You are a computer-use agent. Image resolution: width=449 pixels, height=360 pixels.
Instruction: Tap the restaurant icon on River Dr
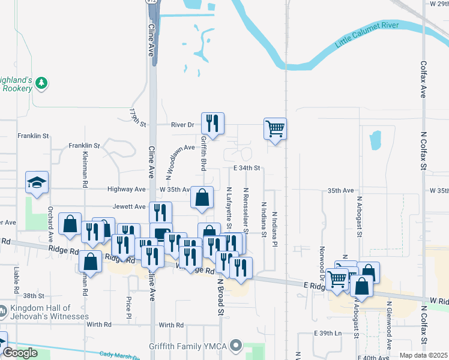click(212, 124)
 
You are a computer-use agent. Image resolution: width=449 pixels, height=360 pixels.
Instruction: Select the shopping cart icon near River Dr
click(275, 128)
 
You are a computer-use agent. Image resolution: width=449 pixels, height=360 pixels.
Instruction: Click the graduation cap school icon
click(37, 182)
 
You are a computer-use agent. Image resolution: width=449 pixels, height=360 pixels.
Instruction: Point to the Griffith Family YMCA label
click(189, 346)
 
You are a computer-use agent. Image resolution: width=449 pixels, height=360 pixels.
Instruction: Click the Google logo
click(20, 353)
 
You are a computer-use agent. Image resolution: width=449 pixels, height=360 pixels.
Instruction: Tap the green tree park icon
click(41, 83)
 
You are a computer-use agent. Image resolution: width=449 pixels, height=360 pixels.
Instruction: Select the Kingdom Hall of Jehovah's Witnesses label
click(49, 312)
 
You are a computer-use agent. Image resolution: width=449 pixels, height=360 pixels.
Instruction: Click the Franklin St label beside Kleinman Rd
click(83, 145)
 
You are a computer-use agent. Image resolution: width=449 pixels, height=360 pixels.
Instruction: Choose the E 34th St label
click(246, 168)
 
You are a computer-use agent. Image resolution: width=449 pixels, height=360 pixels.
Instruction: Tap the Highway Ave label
click(127, 189)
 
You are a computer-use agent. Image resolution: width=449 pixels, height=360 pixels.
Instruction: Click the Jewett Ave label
click(130, 206)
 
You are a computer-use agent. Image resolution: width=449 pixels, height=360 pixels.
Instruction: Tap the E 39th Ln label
click(327, 332)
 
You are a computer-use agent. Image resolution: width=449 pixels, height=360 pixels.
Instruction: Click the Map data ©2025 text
click(424, 355)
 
